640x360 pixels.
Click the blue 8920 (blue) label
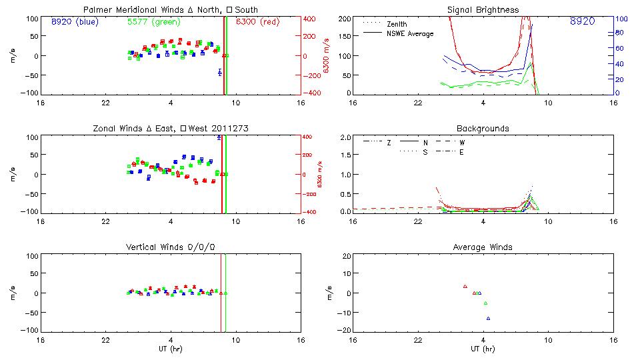click(75, 22)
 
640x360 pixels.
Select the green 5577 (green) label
click(152, 22)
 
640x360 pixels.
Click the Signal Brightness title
click(483, 9)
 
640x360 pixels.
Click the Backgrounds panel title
click(483, 128)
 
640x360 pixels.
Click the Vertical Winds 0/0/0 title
click(171, 247)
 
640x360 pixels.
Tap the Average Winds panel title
click(483, 247)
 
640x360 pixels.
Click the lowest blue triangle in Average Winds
click(488, 319)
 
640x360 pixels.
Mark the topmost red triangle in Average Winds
click(465, 286)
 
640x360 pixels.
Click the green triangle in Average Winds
click(485, 303)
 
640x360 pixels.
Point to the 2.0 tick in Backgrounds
click(346, 137)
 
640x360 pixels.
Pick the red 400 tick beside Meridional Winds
click(311, 19)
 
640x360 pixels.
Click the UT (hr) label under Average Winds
click(483, 349)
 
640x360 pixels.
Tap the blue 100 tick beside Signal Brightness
click(619, 19)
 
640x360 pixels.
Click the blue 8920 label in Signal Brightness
click(582, 22)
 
